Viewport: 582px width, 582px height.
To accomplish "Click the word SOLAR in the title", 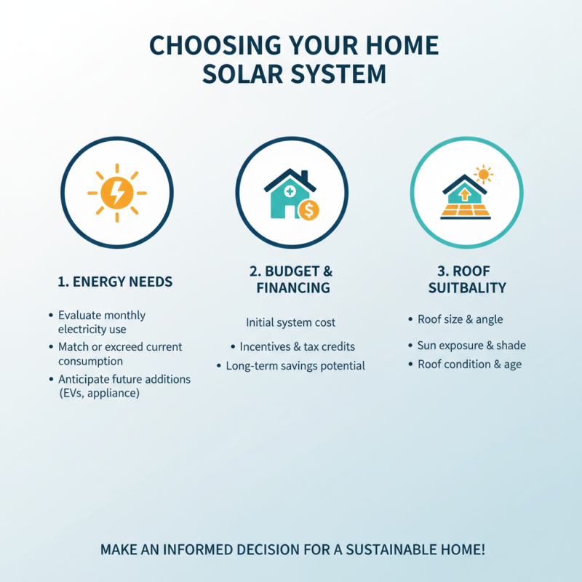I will point(253,74).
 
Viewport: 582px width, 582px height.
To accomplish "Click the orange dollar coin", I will point(308,210).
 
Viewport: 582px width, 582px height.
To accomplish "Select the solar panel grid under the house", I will point(466,210).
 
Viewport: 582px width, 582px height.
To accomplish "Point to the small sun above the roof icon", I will point(482,175).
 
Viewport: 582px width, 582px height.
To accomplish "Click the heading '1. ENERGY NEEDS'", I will point(115,281).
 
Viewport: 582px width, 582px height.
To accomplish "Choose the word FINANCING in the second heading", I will point(293,288).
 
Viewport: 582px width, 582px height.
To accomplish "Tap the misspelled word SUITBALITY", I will point(467,288).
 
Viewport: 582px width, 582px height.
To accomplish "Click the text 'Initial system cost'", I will point(291,322).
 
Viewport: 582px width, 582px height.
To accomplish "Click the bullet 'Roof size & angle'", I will point(460,319).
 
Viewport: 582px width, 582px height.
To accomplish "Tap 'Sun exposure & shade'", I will point(471,346).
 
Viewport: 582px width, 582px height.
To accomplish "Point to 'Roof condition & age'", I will point(469,364).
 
